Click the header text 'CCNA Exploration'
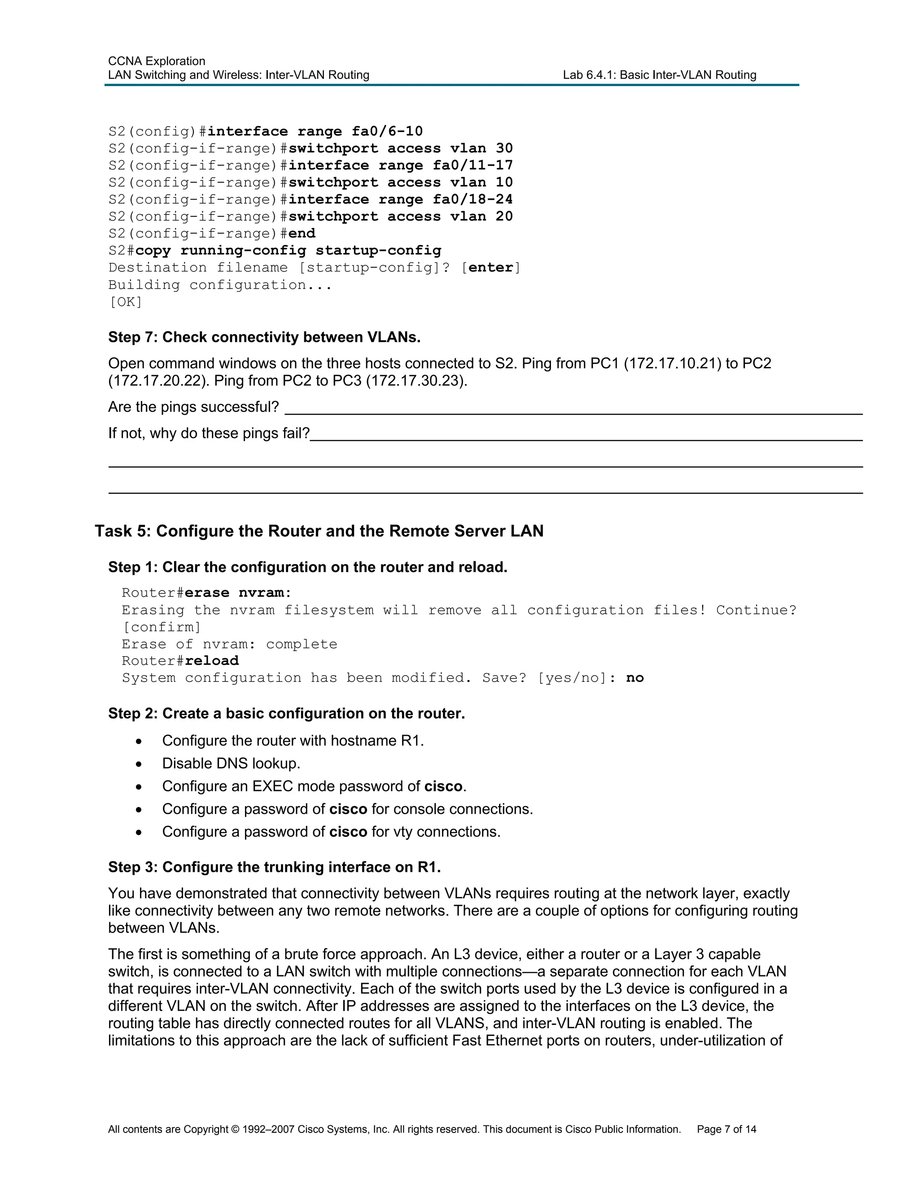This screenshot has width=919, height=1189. [x=156, y=61]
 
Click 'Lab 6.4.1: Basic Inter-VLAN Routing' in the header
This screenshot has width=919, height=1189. [x=659, y=75]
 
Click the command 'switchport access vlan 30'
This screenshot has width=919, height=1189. [x=400, y=148]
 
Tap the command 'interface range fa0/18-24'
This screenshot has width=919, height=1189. [x=400, y=199]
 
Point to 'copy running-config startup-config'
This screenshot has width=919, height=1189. [x=288, y=250]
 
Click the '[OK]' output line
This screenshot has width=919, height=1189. [x=125, y=302]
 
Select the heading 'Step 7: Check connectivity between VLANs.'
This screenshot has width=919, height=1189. [x=264, y=337]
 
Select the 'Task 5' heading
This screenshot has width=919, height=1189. [x=319, y=531]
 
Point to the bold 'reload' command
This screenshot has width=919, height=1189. [x=212, y=661]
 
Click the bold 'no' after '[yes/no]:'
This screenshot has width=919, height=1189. [x=635, y=678]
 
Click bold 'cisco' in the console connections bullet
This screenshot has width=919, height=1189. [x=348, y=809]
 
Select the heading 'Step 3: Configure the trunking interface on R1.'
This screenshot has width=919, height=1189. [x=274, y=867]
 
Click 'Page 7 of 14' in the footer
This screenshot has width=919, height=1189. [x=726, y=1130]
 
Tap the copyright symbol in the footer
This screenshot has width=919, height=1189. [x=235, y=1130]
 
